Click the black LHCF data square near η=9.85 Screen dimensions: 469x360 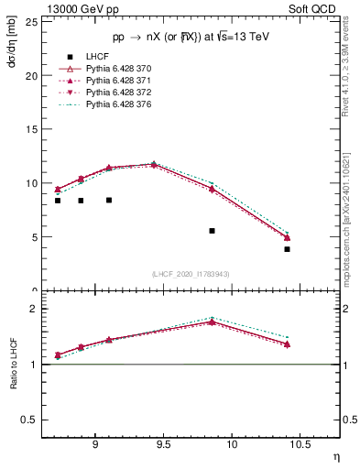212,231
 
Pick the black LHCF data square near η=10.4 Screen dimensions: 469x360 287,249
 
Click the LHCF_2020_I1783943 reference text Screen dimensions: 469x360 190,274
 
